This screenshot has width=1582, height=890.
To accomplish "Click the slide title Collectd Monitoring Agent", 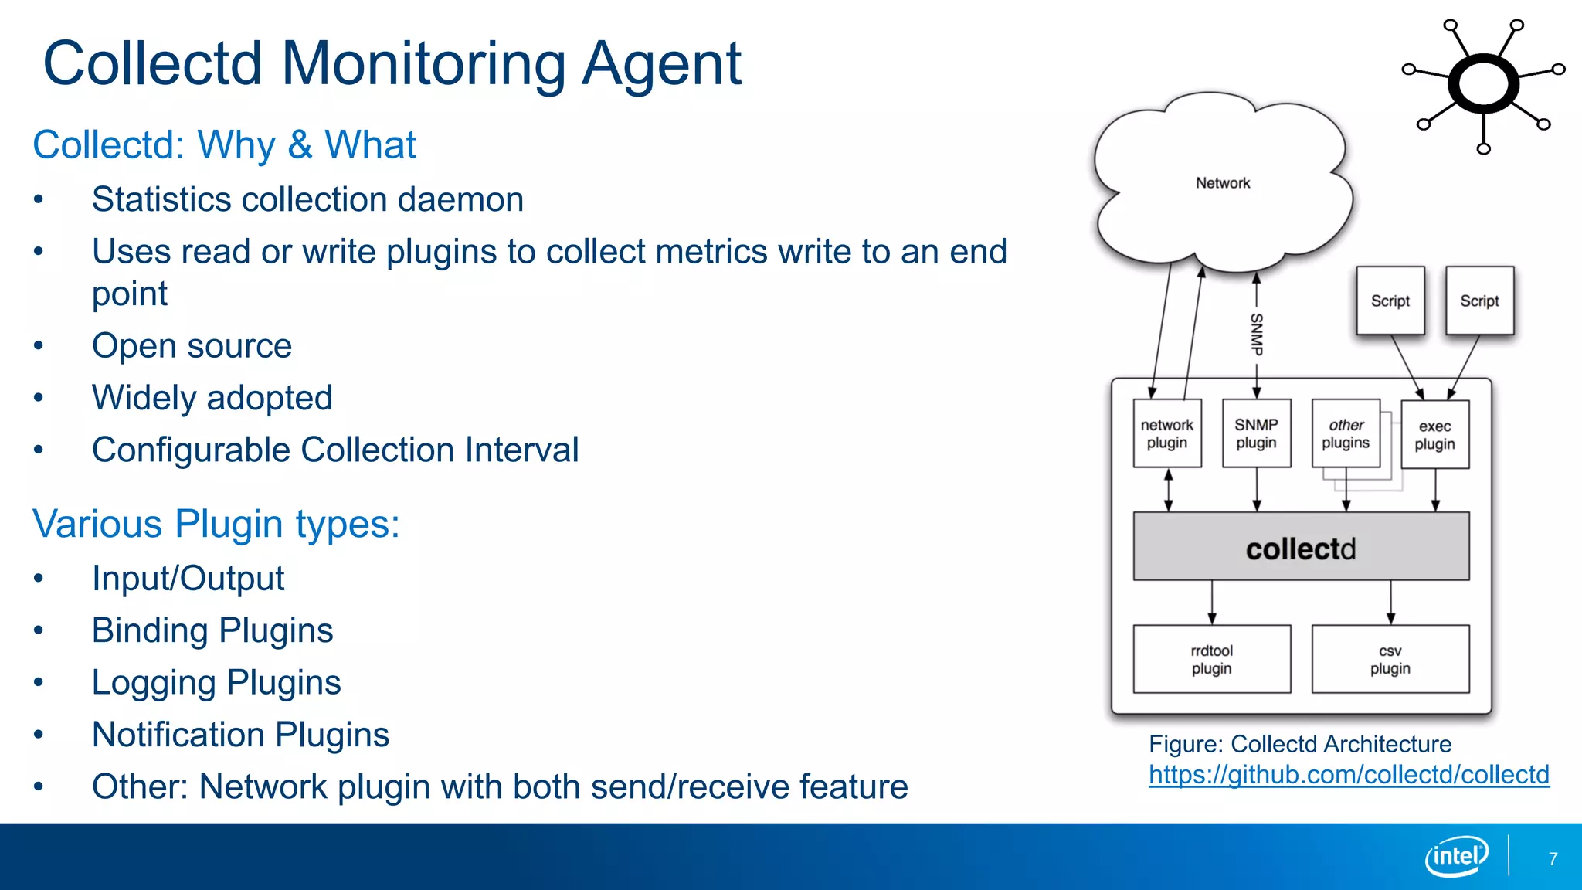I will click(x=392, y=63).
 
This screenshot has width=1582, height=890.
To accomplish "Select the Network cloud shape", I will click(x=1222, y=183).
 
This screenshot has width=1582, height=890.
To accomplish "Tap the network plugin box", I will click(x=1166, y=433).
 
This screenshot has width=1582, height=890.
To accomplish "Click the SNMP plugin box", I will click(x=1256, y=433).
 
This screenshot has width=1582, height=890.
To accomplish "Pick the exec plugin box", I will click(x=1434, y=435).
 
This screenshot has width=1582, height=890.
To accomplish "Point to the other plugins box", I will click(x=1345, y=433).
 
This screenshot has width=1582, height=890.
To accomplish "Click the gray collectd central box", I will click(x=1301, y=547).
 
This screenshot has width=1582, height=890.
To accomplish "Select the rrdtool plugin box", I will click(x=1211, y=659).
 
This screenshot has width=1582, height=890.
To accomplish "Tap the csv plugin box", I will click(x=1390, y=659).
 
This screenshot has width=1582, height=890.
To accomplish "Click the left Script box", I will click(x=1390, y=301).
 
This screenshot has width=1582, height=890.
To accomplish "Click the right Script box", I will click(x=1478, y=301).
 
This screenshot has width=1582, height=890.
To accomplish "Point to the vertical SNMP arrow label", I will click(x=1256, y=334).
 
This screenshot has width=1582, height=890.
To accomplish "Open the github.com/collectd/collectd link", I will click(x=1348, y=775).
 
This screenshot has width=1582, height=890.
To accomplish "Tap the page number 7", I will click(x=1553, y=858).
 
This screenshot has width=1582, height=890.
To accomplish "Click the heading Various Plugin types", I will click(x=216, y=524).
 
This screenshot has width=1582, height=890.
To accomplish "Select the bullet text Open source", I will click(x=192, y=346).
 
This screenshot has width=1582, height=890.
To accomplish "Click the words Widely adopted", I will click(x=212, y=398).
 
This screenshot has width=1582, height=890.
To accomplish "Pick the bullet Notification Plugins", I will click(x=240, y=735).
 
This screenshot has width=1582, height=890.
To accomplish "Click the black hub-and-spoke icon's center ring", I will click(x=1483, y=83).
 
